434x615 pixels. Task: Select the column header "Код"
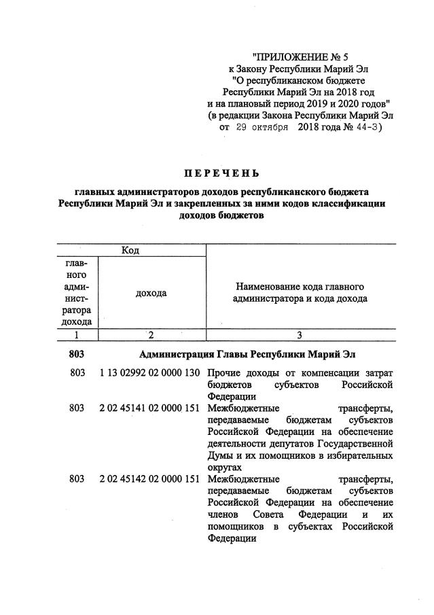pos(130,251)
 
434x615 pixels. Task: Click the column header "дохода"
pos(151,293)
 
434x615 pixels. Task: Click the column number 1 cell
pos(77,334)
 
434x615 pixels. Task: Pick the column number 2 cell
pos(151,334)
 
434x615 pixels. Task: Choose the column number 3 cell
pos(300,334)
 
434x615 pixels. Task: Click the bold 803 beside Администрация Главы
pos(77,354)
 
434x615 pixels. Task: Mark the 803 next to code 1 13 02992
pos(77,374)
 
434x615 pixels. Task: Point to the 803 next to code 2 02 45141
pos(77,408)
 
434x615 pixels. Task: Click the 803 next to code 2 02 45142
pos(77,480)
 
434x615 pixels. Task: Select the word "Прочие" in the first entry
pos(223,374)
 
